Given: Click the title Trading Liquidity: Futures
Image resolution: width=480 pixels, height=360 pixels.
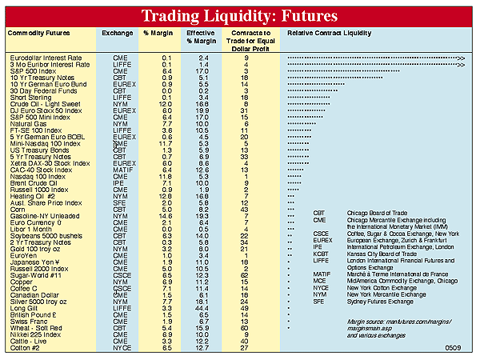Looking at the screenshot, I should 240,15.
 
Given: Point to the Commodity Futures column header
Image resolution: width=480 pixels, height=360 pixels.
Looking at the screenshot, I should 38,34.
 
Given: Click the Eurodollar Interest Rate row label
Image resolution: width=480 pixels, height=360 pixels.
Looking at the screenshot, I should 47,58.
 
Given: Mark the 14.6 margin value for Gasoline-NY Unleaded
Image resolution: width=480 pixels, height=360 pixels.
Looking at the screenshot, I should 165,216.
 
